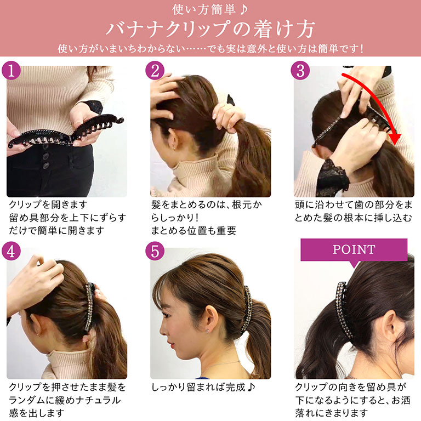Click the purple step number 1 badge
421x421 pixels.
[x=11, y=70]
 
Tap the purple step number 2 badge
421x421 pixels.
[x=155, y=70]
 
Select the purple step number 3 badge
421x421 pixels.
[x=300, y=70]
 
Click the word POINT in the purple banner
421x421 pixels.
[x=354, y=249]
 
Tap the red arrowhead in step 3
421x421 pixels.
[x=394, y=139]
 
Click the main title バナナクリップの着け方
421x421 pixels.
[x=210, y=29]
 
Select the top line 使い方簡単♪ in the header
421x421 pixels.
[x=210, y=9]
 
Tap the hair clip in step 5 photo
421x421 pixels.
[x=247, y=309]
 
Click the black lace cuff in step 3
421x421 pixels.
[x=332, y=177]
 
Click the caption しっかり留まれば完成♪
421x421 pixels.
[x=203, y=387]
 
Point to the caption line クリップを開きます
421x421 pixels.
[x=48, y=204]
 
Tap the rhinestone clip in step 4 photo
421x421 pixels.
[x=90, y=308]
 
